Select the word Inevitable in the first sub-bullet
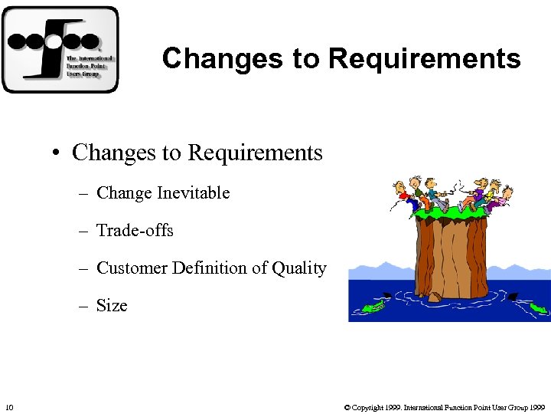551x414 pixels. (x=193, y=193)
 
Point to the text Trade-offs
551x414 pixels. (x=135, y=231)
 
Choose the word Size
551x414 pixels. (x=112, y=306)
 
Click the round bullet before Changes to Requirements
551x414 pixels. (x=57, y=153)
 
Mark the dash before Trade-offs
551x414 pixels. (x=83, y=231)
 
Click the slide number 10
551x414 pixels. (x=8, y=406)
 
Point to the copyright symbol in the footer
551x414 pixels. (x=347, y=406)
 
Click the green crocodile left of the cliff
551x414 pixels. (x=373, y=307)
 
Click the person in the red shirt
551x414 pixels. (x=403, y=196)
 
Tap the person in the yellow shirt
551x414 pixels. (x=479, y=194)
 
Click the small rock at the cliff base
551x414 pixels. (x=435, y=297)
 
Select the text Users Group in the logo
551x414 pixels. (x=80, y=74)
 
